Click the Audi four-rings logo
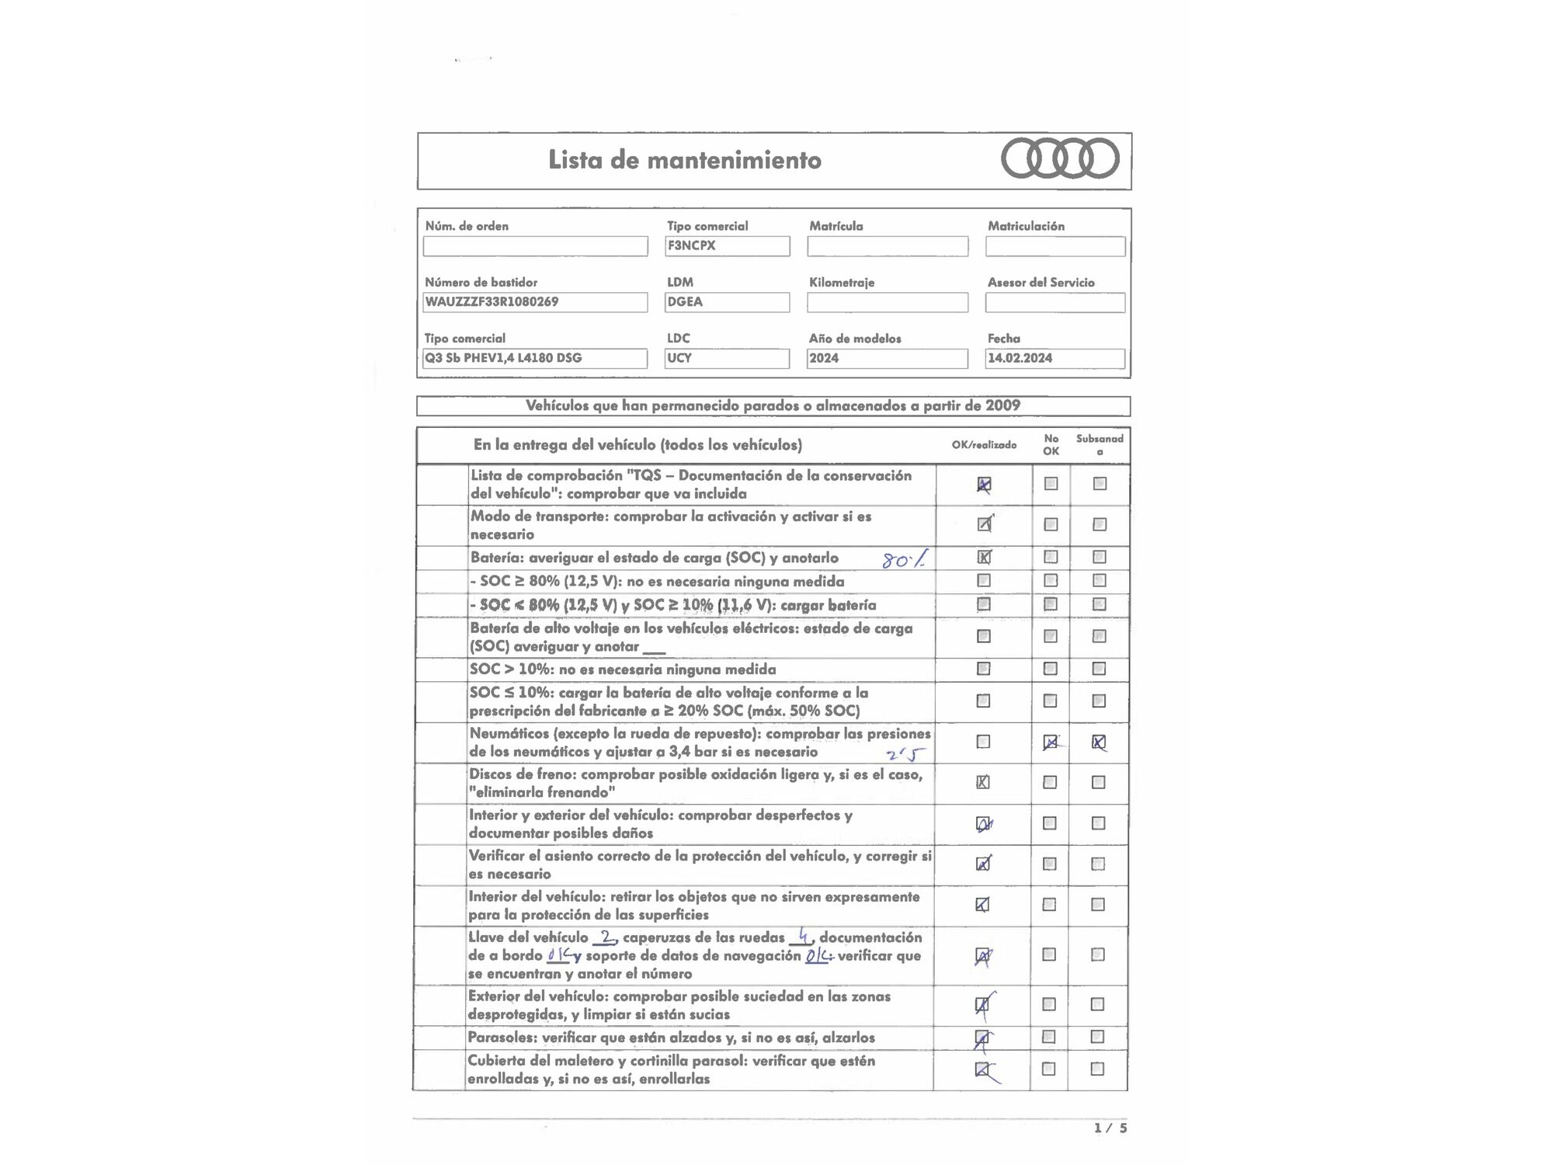tap(1060, 158)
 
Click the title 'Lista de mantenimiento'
tap(684, 160)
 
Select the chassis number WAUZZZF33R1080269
tap(492, 301)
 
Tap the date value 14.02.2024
tap(1020, 358)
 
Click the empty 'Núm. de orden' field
tap(535, 246)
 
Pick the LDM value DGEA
tap(685, 301)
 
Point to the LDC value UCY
tap(679, 358)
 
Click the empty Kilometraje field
tap(887, 302)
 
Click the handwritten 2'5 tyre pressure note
tap(906, 753)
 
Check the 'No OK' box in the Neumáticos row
tap(1050, 742)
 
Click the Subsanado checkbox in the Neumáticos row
tap(1099, 742)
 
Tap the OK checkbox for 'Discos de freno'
tap(983, 782)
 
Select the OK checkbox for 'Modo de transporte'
tap(984, 524)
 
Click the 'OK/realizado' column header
tap(984, 445)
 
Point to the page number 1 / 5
tap(1110, 1128)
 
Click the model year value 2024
tap(824, 358)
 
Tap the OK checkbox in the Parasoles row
tap(982, 1038)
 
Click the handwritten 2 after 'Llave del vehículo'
tap(606, 937)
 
